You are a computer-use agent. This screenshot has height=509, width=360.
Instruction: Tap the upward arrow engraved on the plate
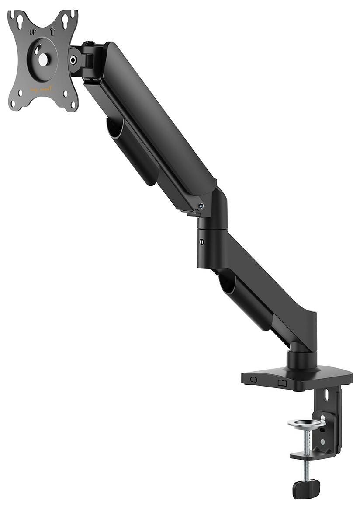click(x=52, y=31)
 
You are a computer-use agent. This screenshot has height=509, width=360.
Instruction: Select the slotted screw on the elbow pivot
click(x=201, y=242)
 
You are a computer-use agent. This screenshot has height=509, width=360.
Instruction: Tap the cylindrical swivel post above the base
click(x=301, y=359)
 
